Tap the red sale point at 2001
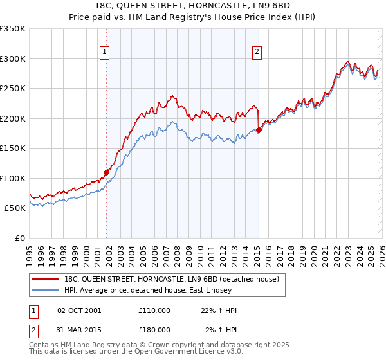point(106,172)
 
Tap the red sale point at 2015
point(259,130)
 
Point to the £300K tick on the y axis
point(13,59)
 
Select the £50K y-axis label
point(15,208)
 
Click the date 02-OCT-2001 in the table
point(79,310)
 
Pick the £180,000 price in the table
point(154,329)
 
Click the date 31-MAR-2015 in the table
point(79,329)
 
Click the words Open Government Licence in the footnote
point(184,353)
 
